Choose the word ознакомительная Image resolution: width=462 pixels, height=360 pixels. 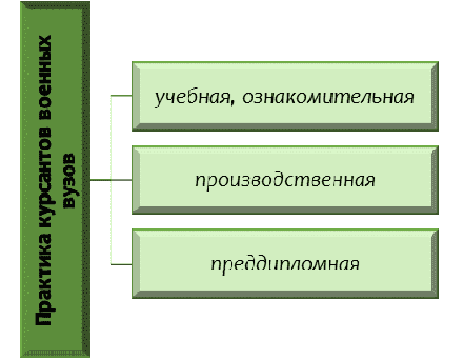(323, 96)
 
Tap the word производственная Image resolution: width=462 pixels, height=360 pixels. (285, 180)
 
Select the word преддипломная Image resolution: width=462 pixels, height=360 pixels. (285, 264)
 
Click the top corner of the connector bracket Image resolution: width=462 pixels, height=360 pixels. (111, 96)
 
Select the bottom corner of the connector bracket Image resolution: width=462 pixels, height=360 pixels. (111, 264)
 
